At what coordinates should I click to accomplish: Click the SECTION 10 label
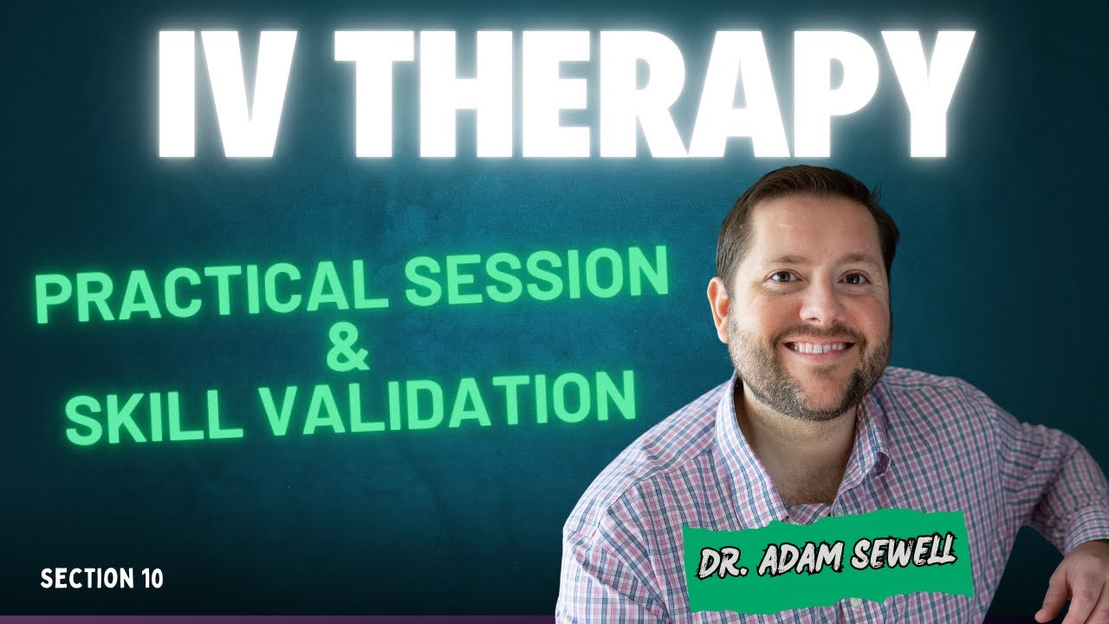point(101,578)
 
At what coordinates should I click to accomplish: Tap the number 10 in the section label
point(147,578)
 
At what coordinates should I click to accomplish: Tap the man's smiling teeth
point(819,348)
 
